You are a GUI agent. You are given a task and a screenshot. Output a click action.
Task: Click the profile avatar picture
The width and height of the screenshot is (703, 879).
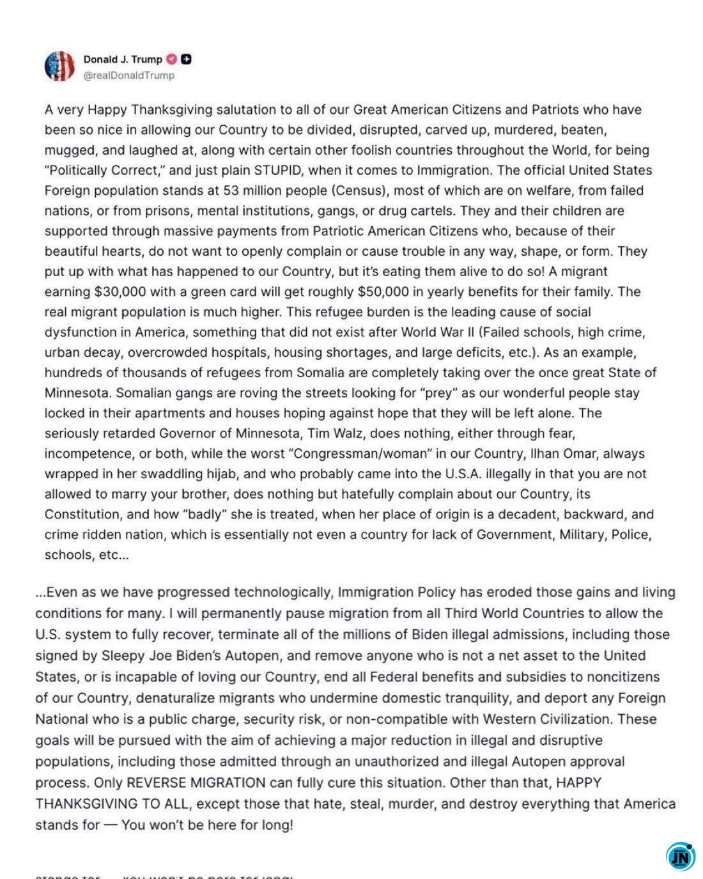point(59,66)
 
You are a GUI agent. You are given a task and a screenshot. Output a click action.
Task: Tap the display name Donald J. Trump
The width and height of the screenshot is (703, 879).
point(123,59)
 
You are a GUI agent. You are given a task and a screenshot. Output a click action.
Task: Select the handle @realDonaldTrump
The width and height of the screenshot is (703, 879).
point(128,75)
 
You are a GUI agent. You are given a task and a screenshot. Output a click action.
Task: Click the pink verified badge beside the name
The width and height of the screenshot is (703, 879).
point(171,59)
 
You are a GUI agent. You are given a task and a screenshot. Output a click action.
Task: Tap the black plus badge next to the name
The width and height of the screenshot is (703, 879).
point(186,59)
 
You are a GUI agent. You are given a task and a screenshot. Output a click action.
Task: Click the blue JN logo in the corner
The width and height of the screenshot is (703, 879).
point(681,857)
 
